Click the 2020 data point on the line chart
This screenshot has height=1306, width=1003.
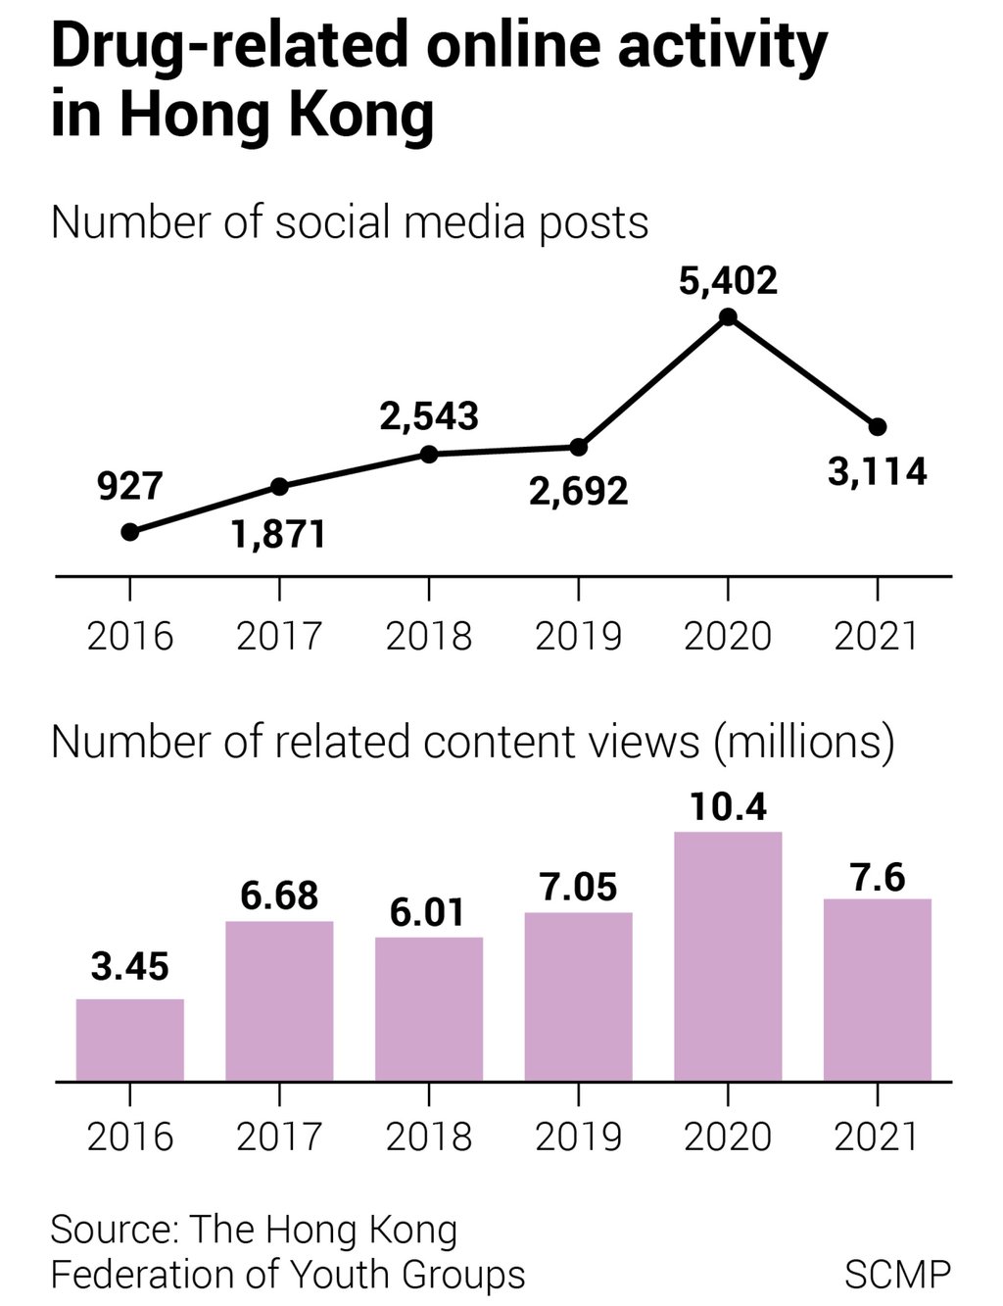point(728,316)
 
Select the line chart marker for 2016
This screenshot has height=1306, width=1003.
point(130,532)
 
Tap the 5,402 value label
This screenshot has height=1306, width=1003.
point(728,281)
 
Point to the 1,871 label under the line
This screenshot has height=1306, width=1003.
point(279,535)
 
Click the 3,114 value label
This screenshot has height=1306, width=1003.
point(877,472)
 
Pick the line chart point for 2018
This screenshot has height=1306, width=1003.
point(429,454)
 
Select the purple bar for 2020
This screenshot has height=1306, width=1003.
point(728,956)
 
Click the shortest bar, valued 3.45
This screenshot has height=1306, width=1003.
point(130,1040)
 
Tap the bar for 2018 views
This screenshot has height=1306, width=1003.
point(429,1009)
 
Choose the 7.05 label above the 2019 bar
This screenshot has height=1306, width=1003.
point(578,887)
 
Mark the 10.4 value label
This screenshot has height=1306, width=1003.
point(728,806)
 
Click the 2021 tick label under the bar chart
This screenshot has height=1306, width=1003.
point(877,1137)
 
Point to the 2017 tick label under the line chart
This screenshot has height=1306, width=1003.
point(279,636)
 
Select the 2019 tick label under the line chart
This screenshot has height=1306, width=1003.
point(578,636)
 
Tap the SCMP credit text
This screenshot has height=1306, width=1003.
point(896,1275)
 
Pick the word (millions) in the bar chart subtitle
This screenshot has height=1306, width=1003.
point(803,743)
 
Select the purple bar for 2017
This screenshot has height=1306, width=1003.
point(279,1000)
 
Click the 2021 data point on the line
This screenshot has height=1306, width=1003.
point(878,426)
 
